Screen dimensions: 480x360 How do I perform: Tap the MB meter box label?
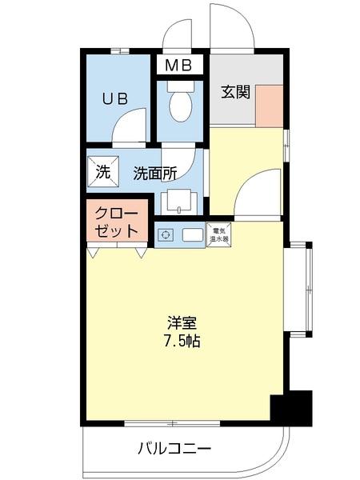pos(179,64)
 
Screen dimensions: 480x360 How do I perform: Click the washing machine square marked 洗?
pos(102,171)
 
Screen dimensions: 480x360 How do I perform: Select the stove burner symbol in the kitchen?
pos(166,235)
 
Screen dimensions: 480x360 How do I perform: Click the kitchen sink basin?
pos(191,235)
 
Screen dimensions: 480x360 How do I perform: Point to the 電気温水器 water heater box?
pos(218,234)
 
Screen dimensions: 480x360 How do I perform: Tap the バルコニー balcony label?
pos(174,448)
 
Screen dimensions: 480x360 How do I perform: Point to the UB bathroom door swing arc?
pos(128,128)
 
